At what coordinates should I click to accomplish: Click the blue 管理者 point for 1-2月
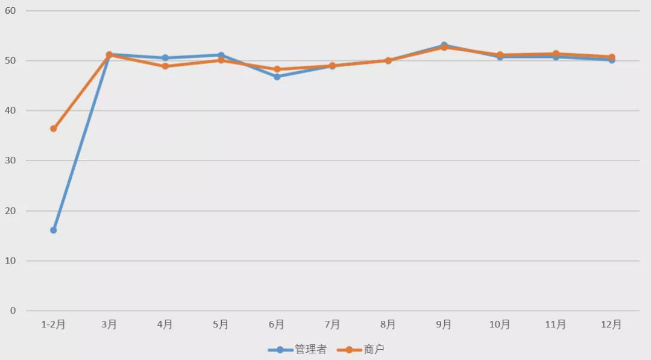tap(54, 230)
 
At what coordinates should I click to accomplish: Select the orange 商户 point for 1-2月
tap(54, 128)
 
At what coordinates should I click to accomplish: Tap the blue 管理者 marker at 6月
tap(277, 77)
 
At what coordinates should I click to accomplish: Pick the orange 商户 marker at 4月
tap(165, 66)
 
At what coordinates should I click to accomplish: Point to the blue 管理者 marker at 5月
tap(221, 55)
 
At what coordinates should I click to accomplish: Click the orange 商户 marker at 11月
tap(556, 54)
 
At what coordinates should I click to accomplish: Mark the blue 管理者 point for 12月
tap(612, 60)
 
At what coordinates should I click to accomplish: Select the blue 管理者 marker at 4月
tap(165, 58)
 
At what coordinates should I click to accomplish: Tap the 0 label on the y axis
tap(13, 311)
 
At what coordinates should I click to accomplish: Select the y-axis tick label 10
tap(11, 261)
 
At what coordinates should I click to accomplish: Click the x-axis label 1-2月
tap(53, 324)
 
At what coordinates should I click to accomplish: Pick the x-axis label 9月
tap(444, 324)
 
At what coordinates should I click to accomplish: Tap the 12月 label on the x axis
tap(611, 324)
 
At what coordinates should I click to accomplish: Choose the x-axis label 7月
tap(332, 324)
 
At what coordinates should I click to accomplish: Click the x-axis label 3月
tap(109, 324)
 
